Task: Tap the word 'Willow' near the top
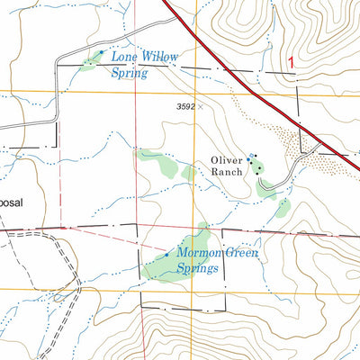point(157,56)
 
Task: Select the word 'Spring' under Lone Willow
point(129,72)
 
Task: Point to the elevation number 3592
point(185,106)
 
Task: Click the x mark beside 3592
point(200,106)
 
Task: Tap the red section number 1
point(291,62)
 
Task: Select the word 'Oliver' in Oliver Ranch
point(228,160)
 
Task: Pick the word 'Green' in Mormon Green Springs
point(241,254)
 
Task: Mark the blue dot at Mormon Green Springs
point(168,254)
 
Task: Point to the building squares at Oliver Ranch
point(256,162)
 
